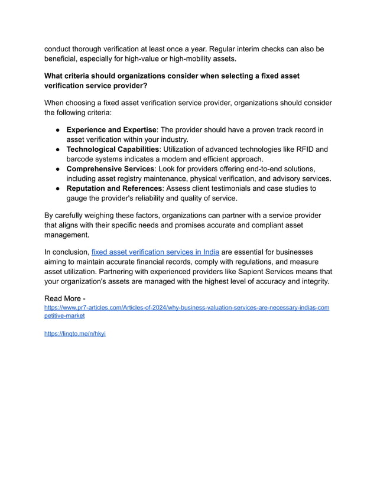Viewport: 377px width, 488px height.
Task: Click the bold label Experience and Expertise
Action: point(111,129)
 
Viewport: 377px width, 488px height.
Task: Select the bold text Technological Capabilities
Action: point(112,149)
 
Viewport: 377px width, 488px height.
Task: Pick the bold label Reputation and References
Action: point(114,188)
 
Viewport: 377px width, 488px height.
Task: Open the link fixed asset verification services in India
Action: point(155,252)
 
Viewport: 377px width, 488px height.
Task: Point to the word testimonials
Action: point(246,188)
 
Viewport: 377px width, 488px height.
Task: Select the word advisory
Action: point(280,178)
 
